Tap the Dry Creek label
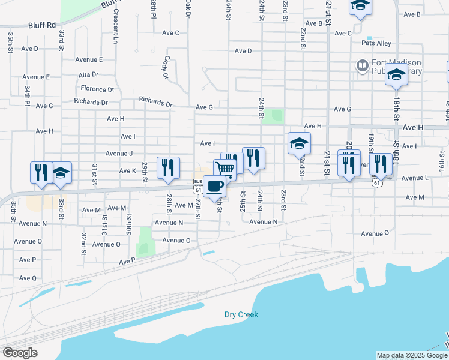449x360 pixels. pos(241,314)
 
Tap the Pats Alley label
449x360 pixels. pos(376,43)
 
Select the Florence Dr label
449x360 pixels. pos(97,89)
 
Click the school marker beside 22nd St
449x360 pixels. pos(299,143)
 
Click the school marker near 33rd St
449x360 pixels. pos(60,173)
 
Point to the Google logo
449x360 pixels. pos(20,352)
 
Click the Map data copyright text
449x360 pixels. pos(412,355)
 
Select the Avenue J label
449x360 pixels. pos(119,154)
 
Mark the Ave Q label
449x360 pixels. pos(28,278)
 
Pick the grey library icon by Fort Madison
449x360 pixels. pos(362,65)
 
